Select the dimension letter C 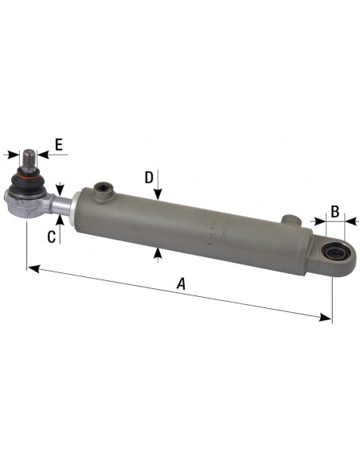(52, 236)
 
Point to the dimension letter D (148, 176)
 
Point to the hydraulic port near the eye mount (292, 219)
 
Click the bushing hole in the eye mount (334, 254)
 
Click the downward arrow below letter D (159, 194)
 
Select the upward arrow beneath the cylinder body (159, 252)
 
